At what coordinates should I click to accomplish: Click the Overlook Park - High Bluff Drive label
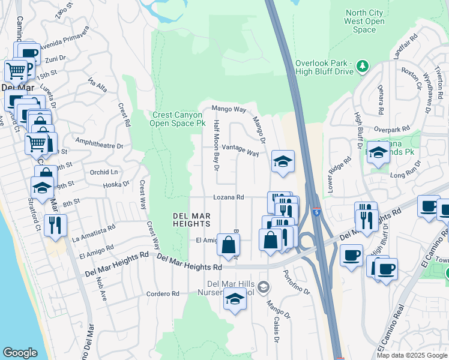[324, 67]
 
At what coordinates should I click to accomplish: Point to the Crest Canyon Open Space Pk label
[179, 119]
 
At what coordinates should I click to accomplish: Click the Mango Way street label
[229, 110]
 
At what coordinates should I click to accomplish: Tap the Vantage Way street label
[240, 150]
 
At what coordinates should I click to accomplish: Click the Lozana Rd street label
[228, 197]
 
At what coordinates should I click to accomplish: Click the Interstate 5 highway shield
[316, 212]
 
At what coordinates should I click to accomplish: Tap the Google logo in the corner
[20, 353]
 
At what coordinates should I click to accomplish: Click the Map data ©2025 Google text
[411, 355]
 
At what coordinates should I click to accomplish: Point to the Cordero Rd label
[163, 294]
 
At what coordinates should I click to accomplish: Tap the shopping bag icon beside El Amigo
[229, 245]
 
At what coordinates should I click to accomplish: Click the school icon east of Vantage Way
[283, 161]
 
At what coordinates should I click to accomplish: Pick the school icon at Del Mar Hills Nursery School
[234, 298]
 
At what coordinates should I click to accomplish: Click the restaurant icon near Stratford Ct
[55, 225]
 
